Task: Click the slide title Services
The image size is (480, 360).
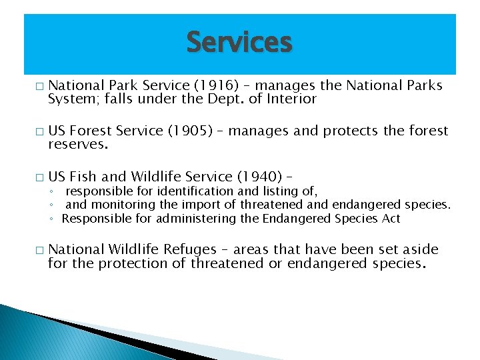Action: (239, 43)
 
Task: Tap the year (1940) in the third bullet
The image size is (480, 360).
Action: (259, 177)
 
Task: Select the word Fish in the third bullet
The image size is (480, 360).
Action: (83, 177)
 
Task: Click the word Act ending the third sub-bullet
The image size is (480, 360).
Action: (391, 219)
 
